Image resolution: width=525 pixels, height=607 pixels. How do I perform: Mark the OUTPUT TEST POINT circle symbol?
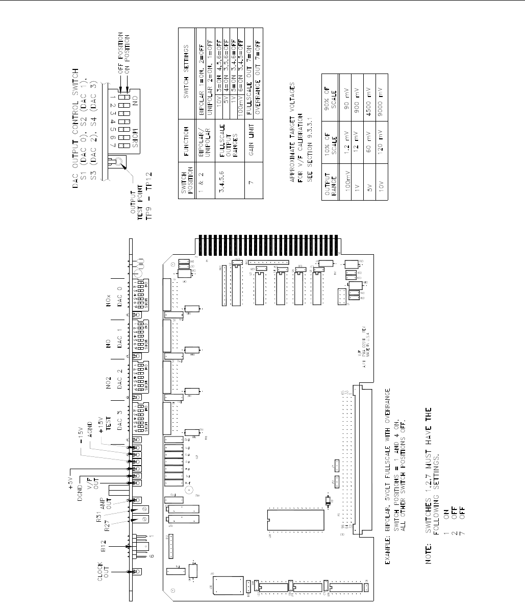coord(118,163)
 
